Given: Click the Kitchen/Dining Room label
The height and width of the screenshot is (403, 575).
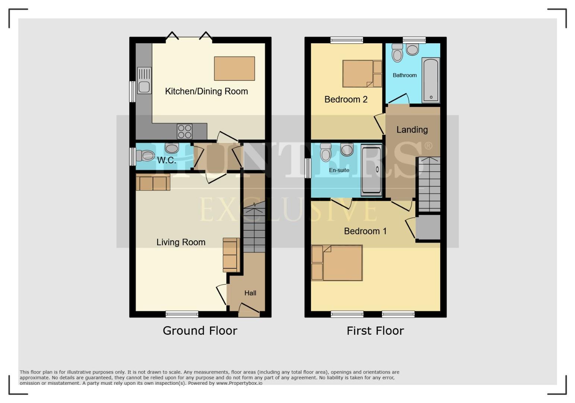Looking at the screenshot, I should [206, 91].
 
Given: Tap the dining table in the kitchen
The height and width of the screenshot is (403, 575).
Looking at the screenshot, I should [234, 69].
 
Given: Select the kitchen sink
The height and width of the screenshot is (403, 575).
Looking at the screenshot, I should [144, 80].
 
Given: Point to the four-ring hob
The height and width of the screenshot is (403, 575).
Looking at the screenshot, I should [185, 131].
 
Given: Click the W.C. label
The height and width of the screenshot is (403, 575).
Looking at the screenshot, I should [166, 160].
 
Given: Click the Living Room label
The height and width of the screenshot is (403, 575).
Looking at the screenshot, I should [181, 243].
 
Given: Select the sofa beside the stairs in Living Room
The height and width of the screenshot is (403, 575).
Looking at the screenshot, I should [230, 255].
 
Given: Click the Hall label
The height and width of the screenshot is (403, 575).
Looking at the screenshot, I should [250, 293].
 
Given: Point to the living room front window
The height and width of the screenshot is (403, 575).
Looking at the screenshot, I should [182, 314].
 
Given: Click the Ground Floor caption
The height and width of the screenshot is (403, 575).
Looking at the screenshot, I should [200, 331].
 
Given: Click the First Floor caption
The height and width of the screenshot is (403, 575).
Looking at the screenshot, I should [375, 331].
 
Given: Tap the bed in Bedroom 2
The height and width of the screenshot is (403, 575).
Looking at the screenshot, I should [358, 74].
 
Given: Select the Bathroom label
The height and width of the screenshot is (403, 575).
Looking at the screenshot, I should [404, 75].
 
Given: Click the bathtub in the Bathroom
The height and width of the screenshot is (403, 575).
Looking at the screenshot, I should [431, 80].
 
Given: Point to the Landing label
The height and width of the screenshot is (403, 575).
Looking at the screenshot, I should [412, 130].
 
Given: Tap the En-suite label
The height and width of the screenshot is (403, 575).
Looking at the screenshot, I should [339, 170].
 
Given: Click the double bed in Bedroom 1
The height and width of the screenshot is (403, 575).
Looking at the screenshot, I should [342, 263].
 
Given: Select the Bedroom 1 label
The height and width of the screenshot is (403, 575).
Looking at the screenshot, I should [365, 231].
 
